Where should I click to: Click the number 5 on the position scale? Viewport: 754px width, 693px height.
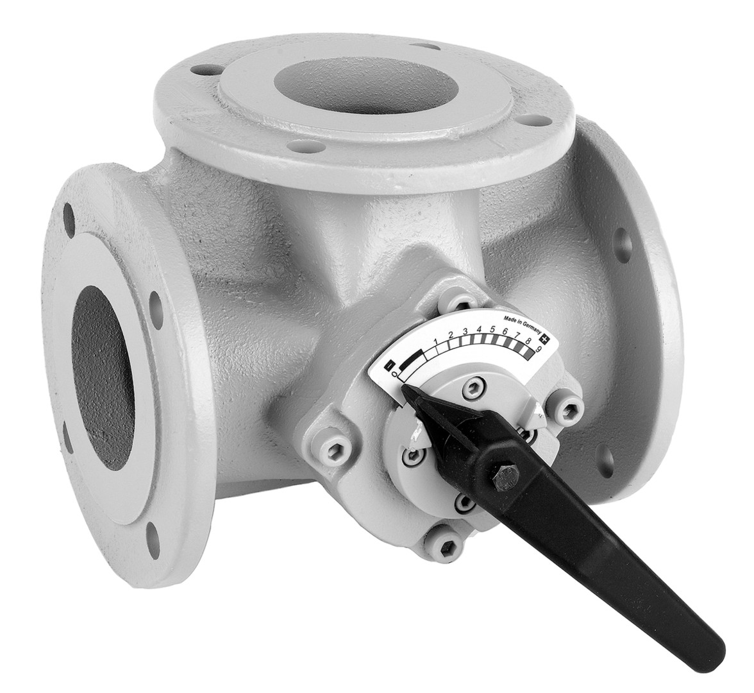coord(492,330)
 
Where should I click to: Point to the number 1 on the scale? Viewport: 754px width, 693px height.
coord(436,341)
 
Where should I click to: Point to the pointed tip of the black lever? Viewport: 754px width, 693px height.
coord(401,386)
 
